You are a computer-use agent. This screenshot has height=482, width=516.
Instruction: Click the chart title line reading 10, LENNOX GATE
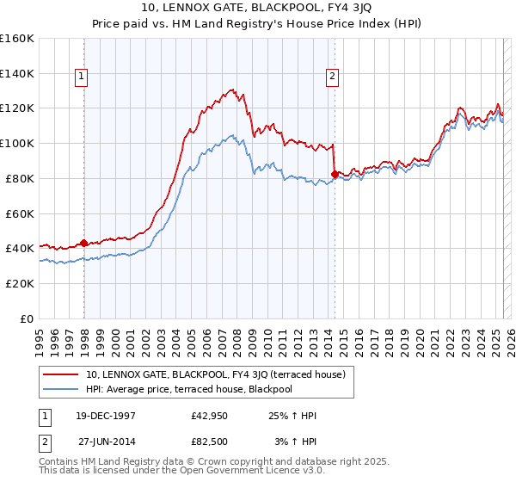coord(258,9)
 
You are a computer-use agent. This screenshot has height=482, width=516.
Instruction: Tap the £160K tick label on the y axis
coord(17,39)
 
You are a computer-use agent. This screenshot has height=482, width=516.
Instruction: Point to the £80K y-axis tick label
coord(20,178)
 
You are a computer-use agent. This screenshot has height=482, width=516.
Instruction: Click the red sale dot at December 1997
coord(84,243)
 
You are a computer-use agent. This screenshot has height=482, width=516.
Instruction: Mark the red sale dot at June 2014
coord(334,174)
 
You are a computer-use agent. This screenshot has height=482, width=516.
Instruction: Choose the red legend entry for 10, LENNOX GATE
coord(215,374)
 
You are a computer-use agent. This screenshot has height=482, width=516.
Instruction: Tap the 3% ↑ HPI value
coord(294,442)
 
